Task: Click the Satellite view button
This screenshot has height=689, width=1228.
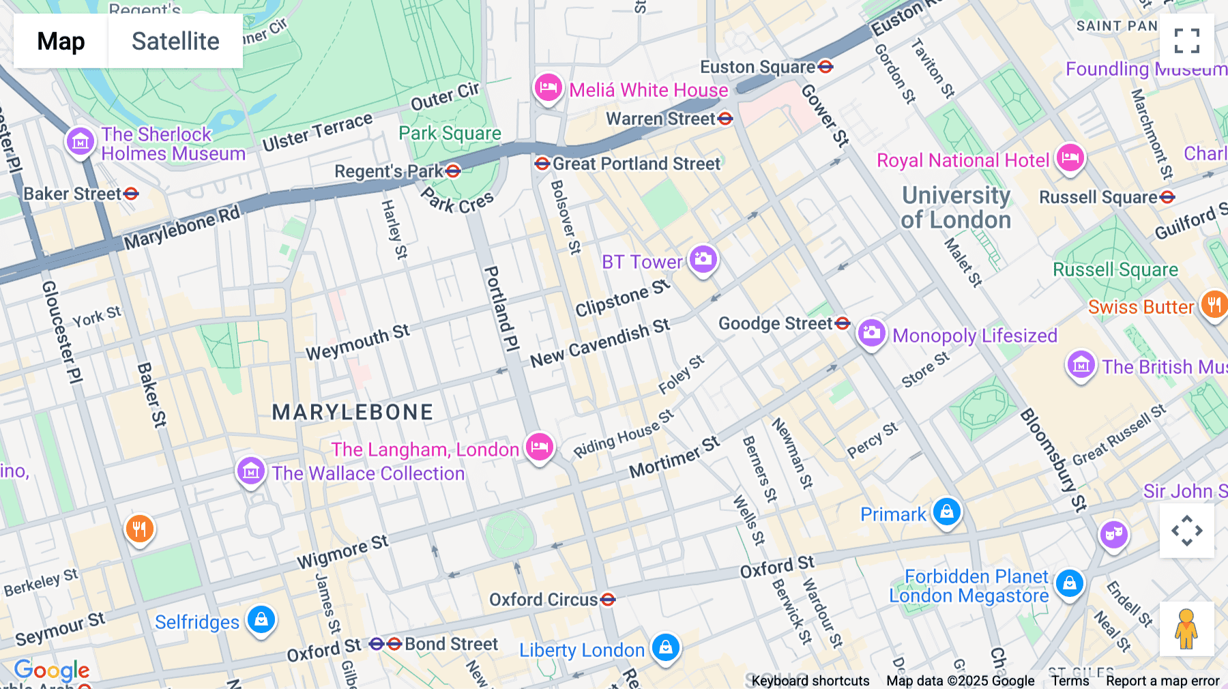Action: point(175,42)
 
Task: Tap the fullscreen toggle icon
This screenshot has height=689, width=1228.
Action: point(1186,41)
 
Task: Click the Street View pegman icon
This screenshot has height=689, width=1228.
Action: point(1186,628)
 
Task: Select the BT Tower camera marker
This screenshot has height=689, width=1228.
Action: point(703,260)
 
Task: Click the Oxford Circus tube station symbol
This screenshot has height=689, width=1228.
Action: point(608,600)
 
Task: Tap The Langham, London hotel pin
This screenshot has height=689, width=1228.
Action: point(539,448)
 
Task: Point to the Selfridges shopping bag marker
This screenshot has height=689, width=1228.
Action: point(261,620)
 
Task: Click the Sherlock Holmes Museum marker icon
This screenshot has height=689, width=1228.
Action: point(81,142)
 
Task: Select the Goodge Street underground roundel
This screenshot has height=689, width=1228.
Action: point(843,323)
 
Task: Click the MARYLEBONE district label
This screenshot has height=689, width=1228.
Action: point(353,412)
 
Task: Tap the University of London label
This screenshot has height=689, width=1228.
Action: point(956,207)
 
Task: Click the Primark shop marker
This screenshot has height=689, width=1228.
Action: point(946,512)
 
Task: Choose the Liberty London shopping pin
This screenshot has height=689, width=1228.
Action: point(665,647)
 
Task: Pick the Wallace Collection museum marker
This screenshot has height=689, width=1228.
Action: point(250,471)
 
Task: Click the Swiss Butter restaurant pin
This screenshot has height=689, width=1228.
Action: point(1214,304)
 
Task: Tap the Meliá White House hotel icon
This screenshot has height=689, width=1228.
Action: point(548,88)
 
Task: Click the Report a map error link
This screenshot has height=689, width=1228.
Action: point(1162,681)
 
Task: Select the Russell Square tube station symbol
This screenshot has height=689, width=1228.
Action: point(1167,198)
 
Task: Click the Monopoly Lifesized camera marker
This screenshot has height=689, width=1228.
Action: point(871,334)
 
